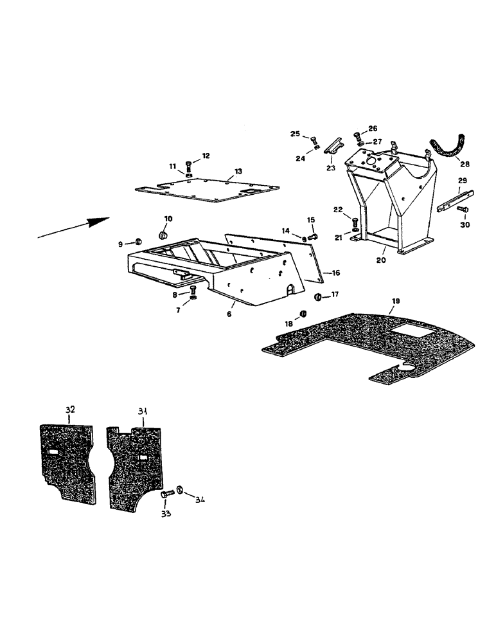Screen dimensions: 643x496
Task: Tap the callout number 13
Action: [x=238, y=172]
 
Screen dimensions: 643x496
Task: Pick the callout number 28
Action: [x=465, y=164]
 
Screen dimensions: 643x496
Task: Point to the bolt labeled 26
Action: [x=357, y=136]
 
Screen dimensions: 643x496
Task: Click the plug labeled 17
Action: [x=317, y=296]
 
